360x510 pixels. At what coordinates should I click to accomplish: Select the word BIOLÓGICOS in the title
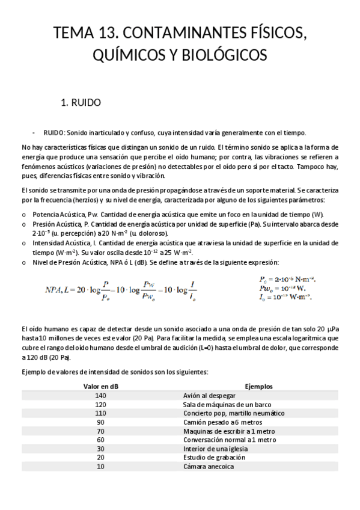pyautogui.click(x=225, y=55)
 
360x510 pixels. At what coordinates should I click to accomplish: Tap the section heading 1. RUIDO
pyautogui.click(x=81, y=102)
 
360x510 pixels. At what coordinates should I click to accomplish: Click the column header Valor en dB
pyautogui.click(x=101, y=387)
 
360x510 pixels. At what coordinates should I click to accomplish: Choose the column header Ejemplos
pyautogui.click(x=260, y=387)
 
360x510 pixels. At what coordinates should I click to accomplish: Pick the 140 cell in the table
pyautogui.click(x=100, y=396)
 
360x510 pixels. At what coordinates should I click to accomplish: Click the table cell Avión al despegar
pyautogui.click(x=212, y=396)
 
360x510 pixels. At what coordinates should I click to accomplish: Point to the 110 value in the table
pyautogui.click(x=100, y=413)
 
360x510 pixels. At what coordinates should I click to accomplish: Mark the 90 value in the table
pyautogui.click(x=100, y=422)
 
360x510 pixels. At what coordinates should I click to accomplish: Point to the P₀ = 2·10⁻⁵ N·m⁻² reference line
pyautogui.click(x=287, y=280)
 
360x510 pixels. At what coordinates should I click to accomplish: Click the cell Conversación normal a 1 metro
pyautogui.click(x=225, y=440)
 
